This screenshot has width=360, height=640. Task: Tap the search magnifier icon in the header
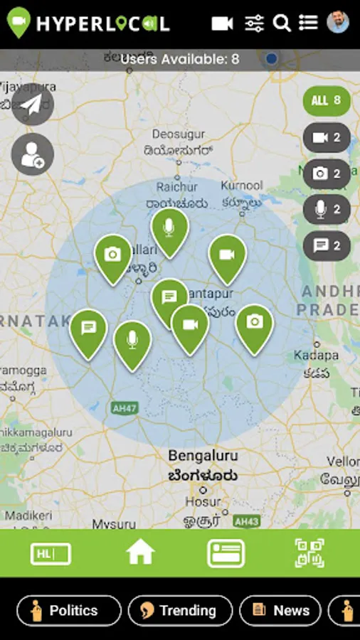282,23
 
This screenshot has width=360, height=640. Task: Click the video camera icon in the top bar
223,23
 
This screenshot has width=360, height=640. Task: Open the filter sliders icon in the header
254,23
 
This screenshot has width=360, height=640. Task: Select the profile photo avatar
338,22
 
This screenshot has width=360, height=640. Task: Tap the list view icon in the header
308,23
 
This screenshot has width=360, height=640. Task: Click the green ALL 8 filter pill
327,101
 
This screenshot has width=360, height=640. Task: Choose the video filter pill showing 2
327,138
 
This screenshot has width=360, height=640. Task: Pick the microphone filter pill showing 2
327,210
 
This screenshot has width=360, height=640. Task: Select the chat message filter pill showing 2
327,246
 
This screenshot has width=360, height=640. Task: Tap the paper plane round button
33,105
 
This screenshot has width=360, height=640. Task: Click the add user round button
33,154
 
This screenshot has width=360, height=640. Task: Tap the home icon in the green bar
140,553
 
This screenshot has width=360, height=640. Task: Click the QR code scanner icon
309,553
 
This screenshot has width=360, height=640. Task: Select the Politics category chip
69,611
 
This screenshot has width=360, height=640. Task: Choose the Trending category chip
180,611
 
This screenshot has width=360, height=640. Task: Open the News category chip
280,611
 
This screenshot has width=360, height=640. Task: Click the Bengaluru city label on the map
203,456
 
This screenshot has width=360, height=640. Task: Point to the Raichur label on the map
177,186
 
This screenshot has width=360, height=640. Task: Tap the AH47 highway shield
120,407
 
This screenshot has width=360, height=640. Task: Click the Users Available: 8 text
180,60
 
